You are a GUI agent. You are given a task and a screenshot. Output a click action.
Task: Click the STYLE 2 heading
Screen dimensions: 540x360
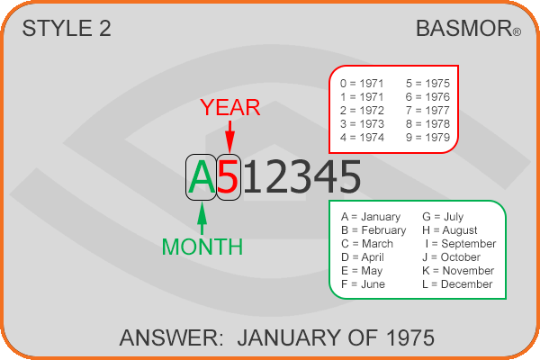(67, 28)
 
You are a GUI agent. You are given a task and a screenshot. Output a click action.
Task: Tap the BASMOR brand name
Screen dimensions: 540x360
(463, 28)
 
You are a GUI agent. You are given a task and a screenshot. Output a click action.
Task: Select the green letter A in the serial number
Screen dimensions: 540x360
(202, 177)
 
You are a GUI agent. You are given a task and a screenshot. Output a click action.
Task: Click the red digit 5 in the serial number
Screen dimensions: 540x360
(228, 177)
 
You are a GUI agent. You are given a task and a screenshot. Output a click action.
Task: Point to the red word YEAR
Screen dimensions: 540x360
(230, 107)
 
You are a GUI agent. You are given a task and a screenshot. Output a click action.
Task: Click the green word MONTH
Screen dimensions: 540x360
(202, 247)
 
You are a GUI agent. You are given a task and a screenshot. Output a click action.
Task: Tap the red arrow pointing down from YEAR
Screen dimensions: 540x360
(229, 137)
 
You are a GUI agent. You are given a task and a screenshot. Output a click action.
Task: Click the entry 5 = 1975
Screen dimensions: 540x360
(427, 84)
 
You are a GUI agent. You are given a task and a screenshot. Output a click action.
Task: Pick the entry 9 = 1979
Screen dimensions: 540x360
(427, 138)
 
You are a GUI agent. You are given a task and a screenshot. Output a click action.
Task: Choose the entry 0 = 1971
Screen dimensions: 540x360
(362, 84)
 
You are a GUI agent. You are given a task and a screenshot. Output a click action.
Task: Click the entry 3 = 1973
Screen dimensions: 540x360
(362, 124)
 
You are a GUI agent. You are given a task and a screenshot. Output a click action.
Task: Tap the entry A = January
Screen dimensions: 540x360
(371, 217)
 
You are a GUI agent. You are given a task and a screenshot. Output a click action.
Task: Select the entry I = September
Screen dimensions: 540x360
(461, 244)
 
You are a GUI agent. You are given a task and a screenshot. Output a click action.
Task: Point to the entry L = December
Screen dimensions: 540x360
(457, 284)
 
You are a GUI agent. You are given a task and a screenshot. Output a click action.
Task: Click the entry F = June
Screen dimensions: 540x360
(363, 284)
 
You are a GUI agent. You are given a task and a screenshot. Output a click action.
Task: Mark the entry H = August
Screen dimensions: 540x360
(450, 230)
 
